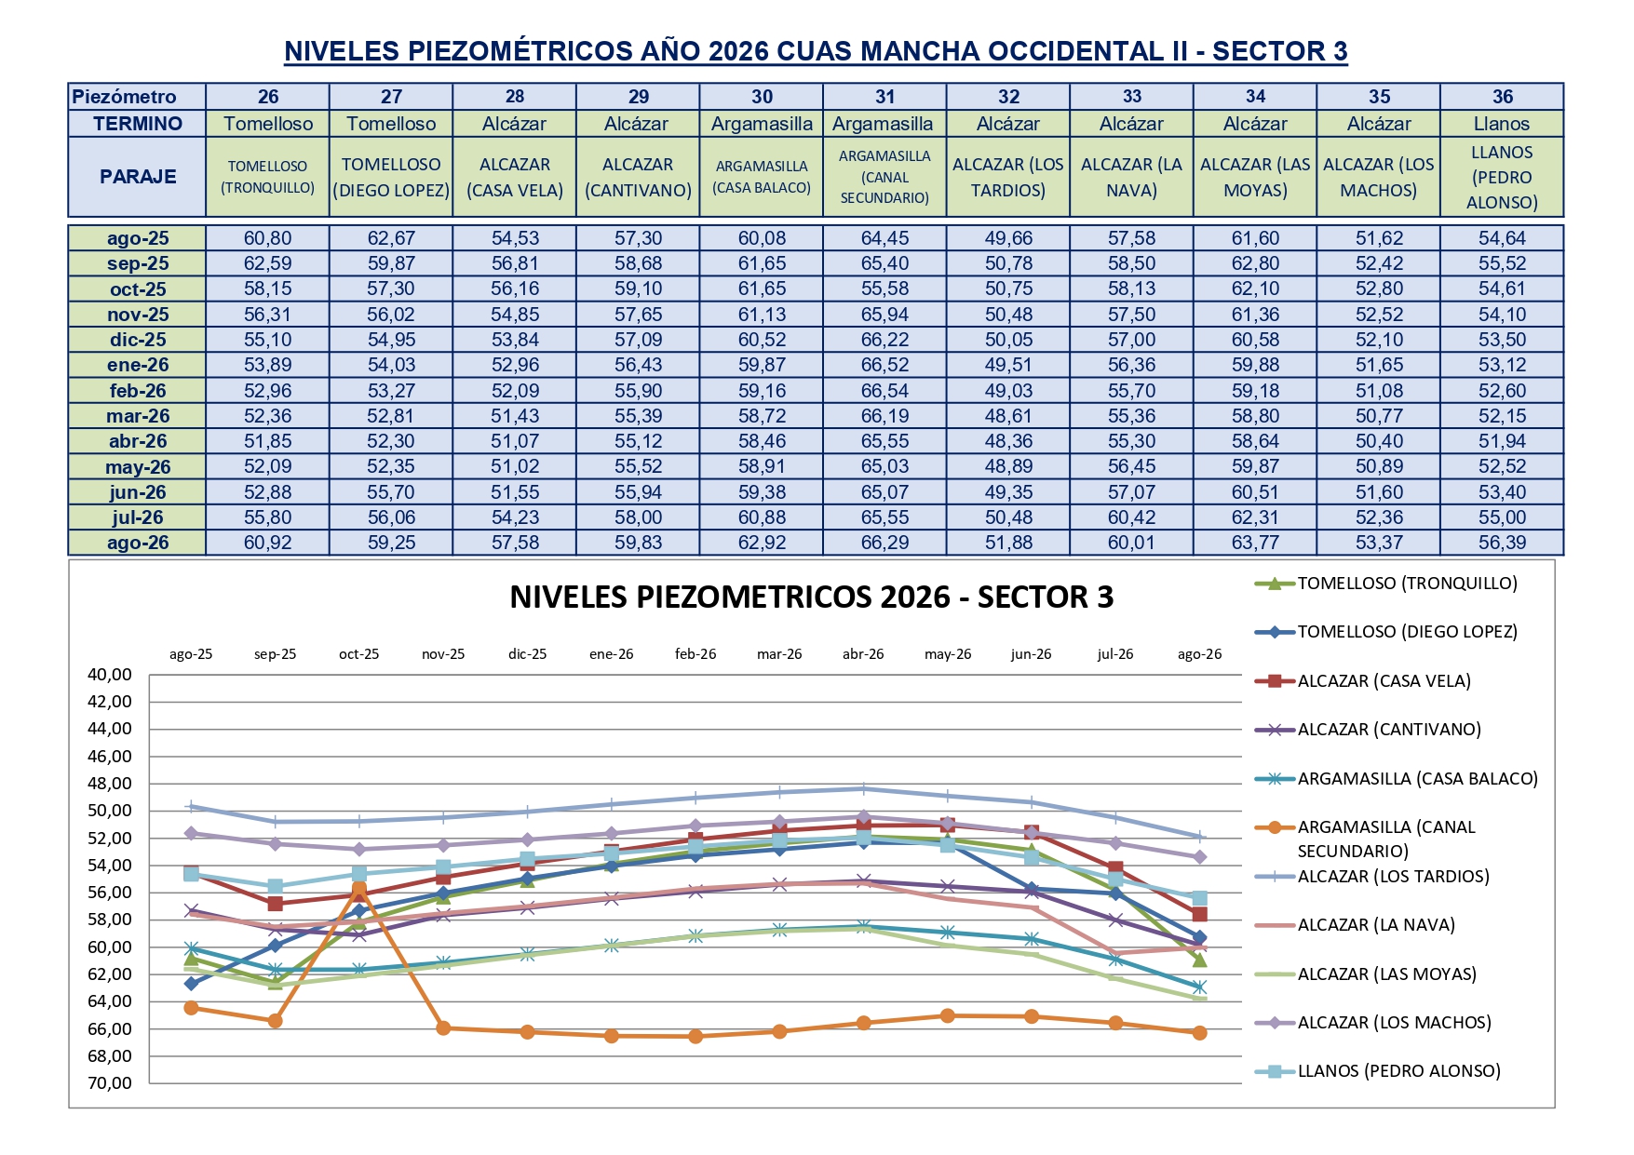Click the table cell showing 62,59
click(267, 263)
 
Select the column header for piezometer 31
click(885, 97)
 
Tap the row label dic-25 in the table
click(138, 340)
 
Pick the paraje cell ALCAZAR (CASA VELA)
click(515, 177)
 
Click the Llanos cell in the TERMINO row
click(1502, 124)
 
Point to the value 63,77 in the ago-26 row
click(1255, 543)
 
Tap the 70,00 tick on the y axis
click(110, 1083)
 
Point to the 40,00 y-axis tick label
click(110, 675)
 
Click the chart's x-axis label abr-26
click(863, 654)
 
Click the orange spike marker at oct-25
click(359, 889)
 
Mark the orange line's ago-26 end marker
click(1199, 1033)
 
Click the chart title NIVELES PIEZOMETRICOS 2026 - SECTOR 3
click(811, 598)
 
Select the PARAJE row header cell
click(138, 177)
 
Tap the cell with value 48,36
click(1008, 441)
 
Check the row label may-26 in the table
click(138, 467)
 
